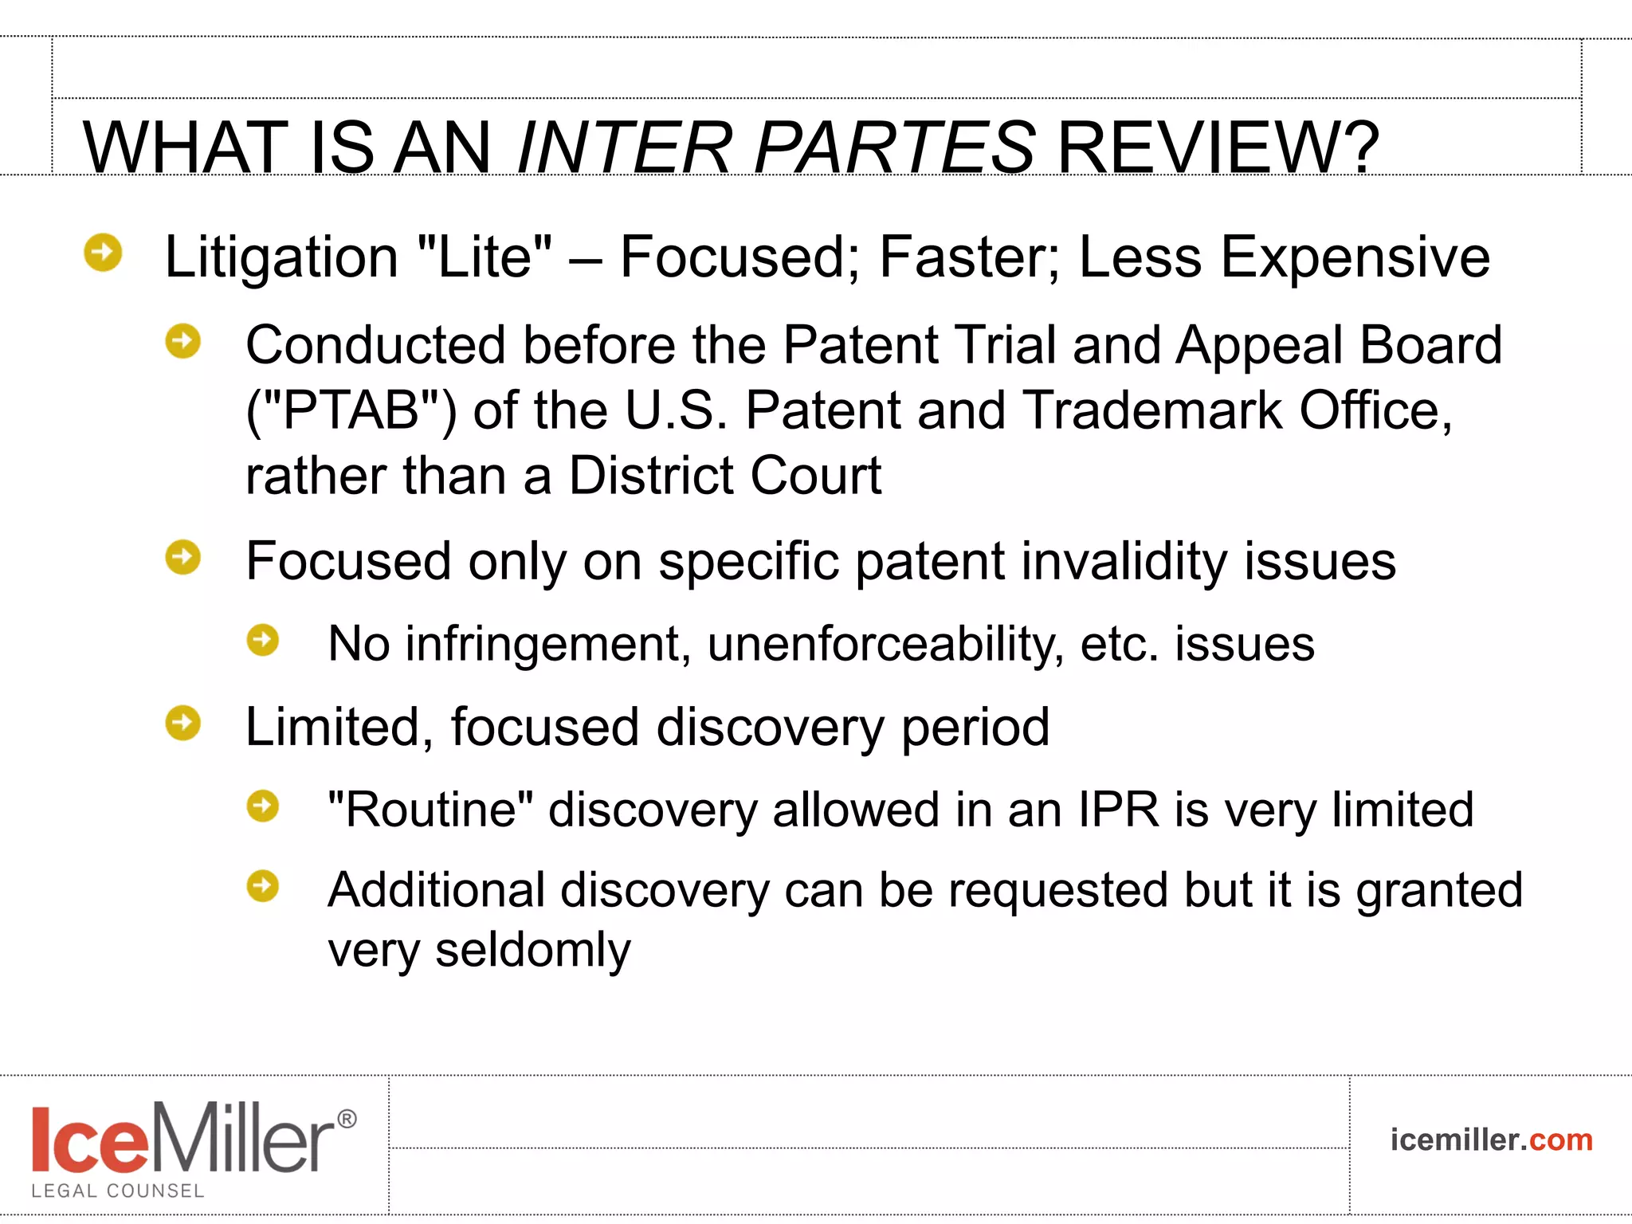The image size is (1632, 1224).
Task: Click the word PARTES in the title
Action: tap(894, 148)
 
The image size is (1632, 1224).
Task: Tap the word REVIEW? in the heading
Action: tap(1217, 148)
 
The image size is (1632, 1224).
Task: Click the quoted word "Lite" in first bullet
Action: tap(484, 257)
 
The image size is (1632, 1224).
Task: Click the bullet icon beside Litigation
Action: tap(103, 253)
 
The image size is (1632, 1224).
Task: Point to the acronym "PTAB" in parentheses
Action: tap(351, 410)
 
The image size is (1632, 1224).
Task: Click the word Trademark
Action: tap(1152, 410)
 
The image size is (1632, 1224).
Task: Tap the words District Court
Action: tap(724, 476)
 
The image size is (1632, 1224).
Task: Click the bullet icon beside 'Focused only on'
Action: tap(183, 557)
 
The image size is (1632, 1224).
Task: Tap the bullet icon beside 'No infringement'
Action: tap(263, 640)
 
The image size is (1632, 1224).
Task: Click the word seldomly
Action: tap(532, 950)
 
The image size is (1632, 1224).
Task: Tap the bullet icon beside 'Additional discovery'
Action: tap(263, 885)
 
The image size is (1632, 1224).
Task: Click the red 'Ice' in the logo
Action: tap(89, 1140)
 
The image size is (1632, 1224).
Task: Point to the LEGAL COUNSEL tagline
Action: tap(118, 1191)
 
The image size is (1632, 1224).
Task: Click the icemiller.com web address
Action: tap(1491, 1140)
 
